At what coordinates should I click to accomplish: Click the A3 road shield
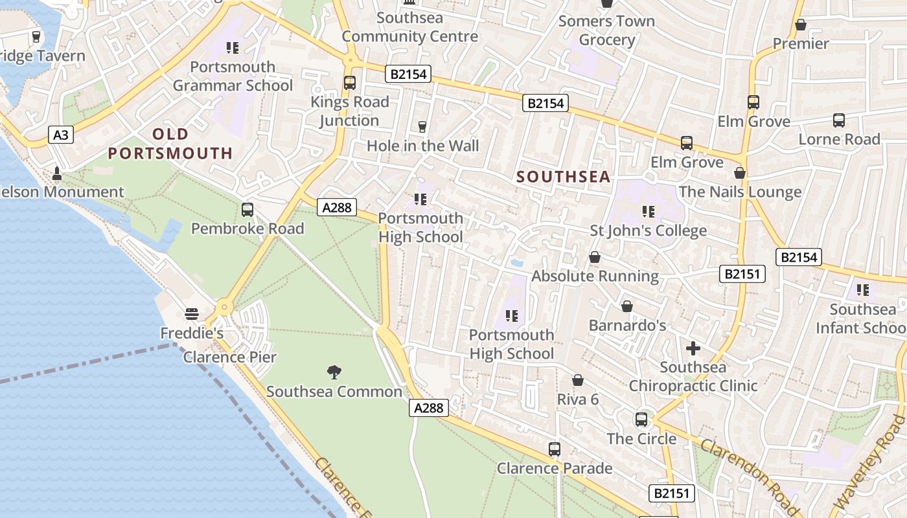(60, 135)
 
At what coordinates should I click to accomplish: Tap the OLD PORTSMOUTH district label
(170, 144)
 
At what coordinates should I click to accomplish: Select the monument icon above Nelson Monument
(57, 173)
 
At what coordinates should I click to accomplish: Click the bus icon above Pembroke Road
(247, 210)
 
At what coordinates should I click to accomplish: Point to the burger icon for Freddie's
(191, 314)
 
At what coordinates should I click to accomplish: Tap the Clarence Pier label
(229, 357)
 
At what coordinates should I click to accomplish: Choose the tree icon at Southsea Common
(334, 372)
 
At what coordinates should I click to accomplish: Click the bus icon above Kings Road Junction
(349, 83)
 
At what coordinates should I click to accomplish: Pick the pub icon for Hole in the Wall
(422, 126)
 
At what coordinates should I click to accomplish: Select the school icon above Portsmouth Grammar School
(233, 48)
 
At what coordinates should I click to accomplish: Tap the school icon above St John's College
(648, 211)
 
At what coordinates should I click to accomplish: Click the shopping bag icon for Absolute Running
(595, 257)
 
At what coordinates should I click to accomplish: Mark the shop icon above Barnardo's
(627, 306)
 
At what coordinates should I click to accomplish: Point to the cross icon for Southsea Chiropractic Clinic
(693, 348)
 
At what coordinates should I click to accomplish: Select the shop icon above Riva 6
(578, 380)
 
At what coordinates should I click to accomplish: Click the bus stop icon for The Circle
(641, 419)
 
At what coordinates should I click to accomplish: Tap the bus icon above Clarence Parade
(554, 449)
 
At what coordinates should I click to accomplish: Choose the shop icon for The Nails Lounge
(740, 173)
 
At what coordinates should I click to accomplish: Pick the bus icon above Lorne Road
(839, 120)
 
